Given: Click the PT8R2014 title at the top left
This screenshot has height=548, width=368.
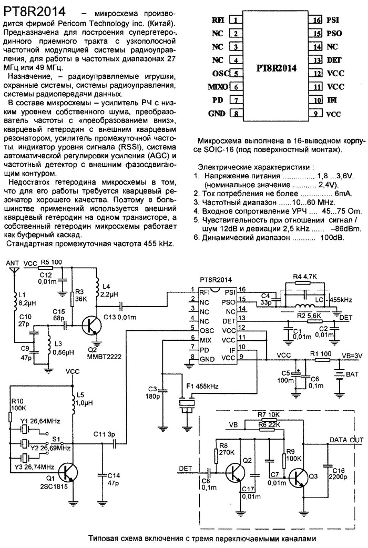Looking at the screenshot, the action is click(x=34, y=12).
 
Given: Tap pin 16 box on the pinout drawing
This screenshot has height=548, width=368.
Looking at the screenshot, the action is click(x=316, y=20).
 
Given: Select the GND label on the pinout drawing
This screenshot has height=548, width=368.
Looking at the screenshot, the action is click(x=217, y=114).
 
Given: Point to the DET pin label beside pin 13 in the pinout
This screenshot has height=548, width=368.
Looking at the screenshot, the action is click(x=334, y=60).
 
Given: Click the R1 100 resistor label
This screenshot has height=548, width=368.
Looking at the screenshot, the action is click(x=321, y=354).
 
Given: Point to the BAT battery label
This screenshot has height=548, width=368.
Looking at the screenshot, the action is click(x=352, y=374).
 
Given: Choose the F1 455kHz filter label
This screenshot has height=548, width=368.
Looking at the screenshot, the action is click(x=202, y=386).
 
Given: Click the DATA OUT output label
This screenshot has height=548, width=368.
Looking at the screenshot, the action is click(x=346, y=440).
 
